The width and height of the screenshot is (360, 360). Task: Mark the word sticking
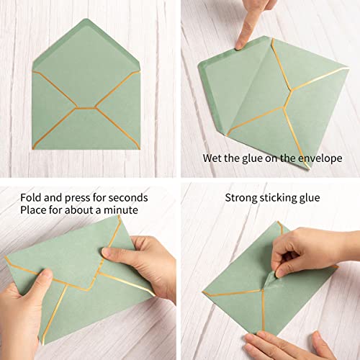click(x=284, y=197)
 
